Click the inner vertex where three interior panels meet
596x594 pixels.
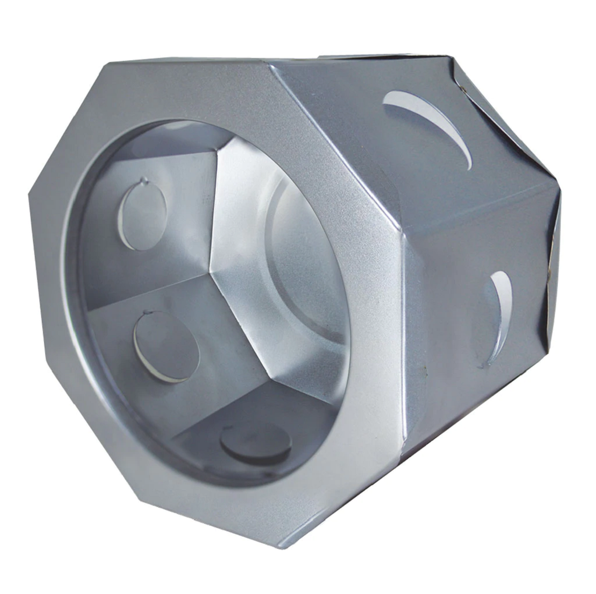[208, 273]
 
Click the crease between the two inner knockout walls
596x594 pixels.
[146, 285]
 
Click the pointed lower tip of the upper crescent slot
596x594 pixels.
[470, 167]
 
